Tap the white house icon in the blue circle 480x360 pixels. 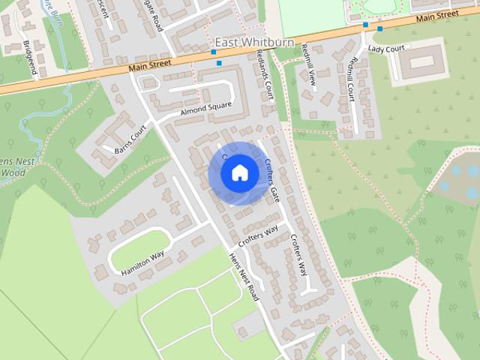point(238,173)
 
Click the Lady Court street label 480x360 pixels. point(387,49)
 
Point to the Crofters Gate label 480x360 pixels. point(271,181)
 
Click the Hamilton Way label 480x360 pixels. point(142,263)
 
